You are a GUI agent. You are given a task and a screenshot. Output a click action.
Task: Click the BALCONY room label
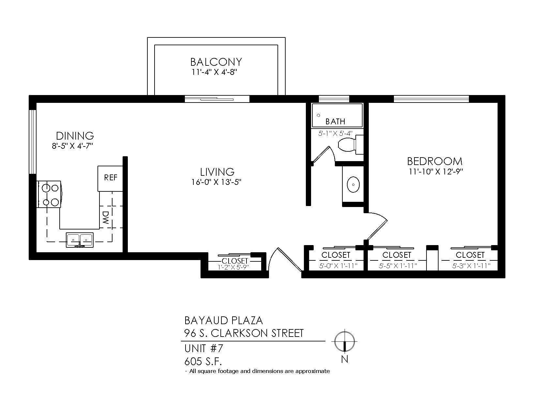(216, 62)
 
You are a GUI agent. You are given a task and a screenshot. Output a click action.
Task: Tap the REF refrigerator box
(111, 178)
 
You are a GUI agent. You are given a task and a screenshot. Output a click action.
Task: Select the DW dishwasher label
(106, 217)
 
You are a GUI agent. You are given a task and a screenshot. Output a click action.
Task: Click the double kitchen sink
(80, 240)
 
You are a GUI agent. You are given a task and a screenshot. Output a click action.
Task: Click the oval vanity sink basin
(353, 185)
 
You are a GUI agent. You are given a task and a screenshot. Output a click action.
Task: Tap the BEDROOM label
(435, 161)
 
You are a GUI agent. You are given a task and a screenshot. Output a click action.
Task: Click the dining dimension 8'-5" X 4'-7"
(72, 146)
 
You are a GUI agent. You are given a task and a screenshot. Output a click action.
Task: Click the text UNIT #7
(204, 349)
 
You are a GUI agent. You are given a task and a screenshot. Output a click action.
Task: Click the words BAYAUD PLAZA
(224, 321)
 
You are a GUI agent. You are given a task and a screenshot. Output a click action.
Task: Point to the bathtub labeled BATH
(337, 116)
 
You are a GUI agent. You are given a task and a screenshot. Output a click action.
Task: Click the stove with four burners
(50, 194)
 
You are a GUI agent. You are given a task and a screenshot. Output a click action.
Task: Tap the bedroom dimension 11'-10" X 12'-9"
(436, 172)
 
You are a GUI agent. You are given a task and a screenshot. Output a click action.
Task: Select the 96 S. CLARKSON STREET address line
(244, 333)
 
